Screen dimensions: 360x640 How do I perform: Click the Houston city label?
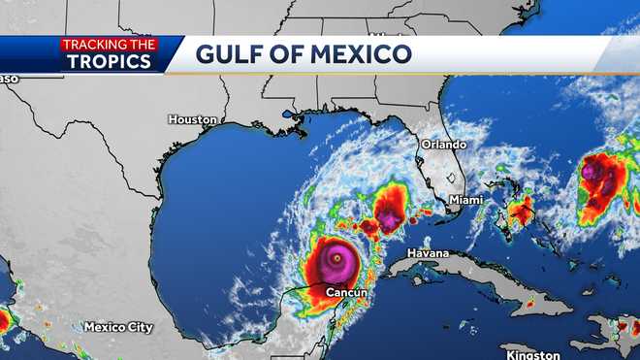click(192, 119)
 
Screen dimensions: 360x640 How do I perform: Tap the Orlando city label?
click(443, 144)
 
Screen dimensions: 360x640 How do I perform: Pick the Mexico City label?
click(119, 326)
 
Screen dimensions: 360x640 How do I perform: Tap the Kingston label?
click(532, 354)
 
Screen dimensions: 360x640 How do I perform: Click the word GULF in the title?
click(235, 53)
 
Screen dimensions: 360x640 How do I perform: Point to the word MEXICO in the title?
click(364, 53)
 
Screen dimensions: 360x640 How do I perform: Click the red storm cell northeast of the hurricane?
click(390, 210)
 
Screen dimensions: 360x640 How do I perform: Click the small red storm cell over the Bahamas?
click(522, 209)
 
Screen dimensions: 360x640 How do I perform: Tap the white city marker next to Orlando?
click(453, 177)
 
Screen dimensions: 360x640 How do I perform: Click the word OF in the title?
click(295, 53)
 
